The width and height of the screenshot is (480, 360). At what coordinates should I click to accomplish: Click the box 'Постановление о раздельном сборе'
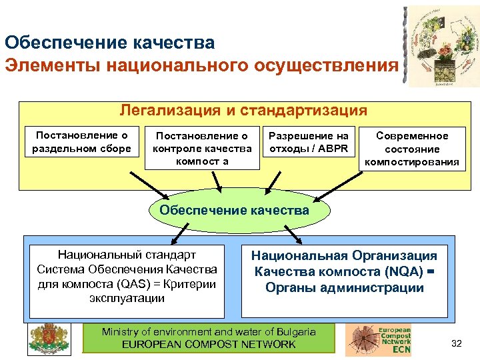click(x=82, y=141)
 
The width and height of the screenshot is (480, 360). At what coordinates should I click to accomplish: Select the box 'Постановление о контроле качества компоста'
click(x=202, y=147)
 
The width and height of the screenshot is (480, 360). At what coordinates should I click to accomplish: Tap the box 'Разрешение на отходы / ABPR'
click(x=308, y=141)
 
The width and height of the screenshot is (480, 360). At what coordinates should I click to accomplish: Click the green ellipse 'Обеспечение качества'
click(x=234, y=211)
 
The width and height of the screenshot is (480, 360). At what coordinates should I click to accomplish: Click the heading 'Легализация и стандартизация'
click(x=243, y=110)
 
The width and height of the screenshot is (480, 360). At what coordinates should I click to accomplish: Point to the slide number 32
click(x=457, y=343)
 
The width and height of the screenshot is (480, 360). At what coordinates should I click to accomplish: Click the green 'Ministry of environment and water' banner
click(x=208, y=338)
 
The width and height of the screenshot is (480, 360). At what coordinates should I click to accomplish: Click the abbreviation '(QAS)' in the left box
click(x=134, y=284)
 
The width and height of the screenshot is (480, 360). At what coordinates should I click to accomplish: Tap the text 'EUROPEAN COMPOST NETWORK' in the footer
click(x=209, y=345)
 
